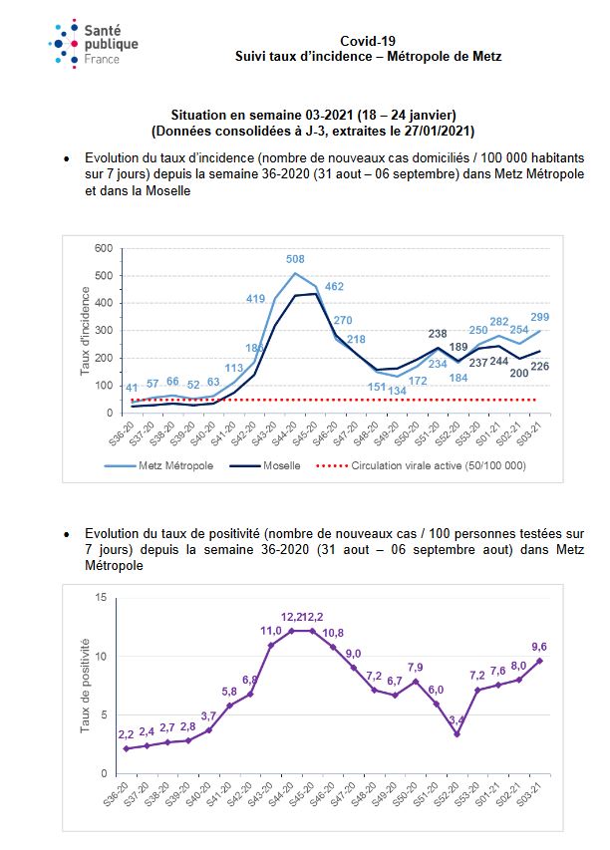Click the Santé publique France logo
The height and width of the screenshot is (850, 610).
coord(94,44)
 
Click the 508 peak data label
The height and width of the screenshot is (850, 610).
coord(295,259)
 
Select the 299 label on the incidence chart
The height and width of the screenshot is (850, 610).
coord(540,317)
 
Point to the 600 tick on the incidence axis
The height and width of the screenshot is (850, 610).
coord(104,248)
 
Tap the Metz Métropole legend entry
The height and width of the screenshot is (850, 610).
coord(158,465)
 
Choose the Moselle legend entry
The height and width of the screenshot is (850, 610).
coord(265,465)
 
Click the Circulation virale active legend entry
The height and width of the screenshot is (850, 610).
coord(421,465)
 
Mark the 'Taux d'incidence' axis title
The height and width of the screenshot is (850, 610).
coord(85,331)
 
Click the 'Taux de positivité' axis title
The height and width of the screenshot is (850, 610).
coord(85,686)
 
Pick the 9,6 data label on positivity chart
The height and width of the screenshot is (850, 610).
coord(539,647)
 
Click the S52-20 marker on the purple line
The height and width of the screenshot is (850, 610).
coord(457,734)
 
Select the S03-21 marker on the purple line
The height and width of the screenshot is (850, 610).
coord(539,661)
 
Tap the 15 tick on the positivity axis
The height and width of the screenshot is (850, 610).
coord(101,597)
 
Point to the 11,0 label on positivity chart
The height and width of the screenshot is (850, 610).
coord(271,631)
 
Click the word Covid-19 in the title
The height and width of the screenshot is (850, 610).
coord(368,41)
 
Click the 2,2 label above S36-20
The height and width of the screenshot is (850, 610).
coord(126,735)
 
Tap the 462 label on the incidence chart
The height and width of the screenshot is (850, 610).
coord(335,286)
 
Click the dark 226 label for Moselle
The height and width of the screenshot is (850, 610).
coord(540,367)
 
